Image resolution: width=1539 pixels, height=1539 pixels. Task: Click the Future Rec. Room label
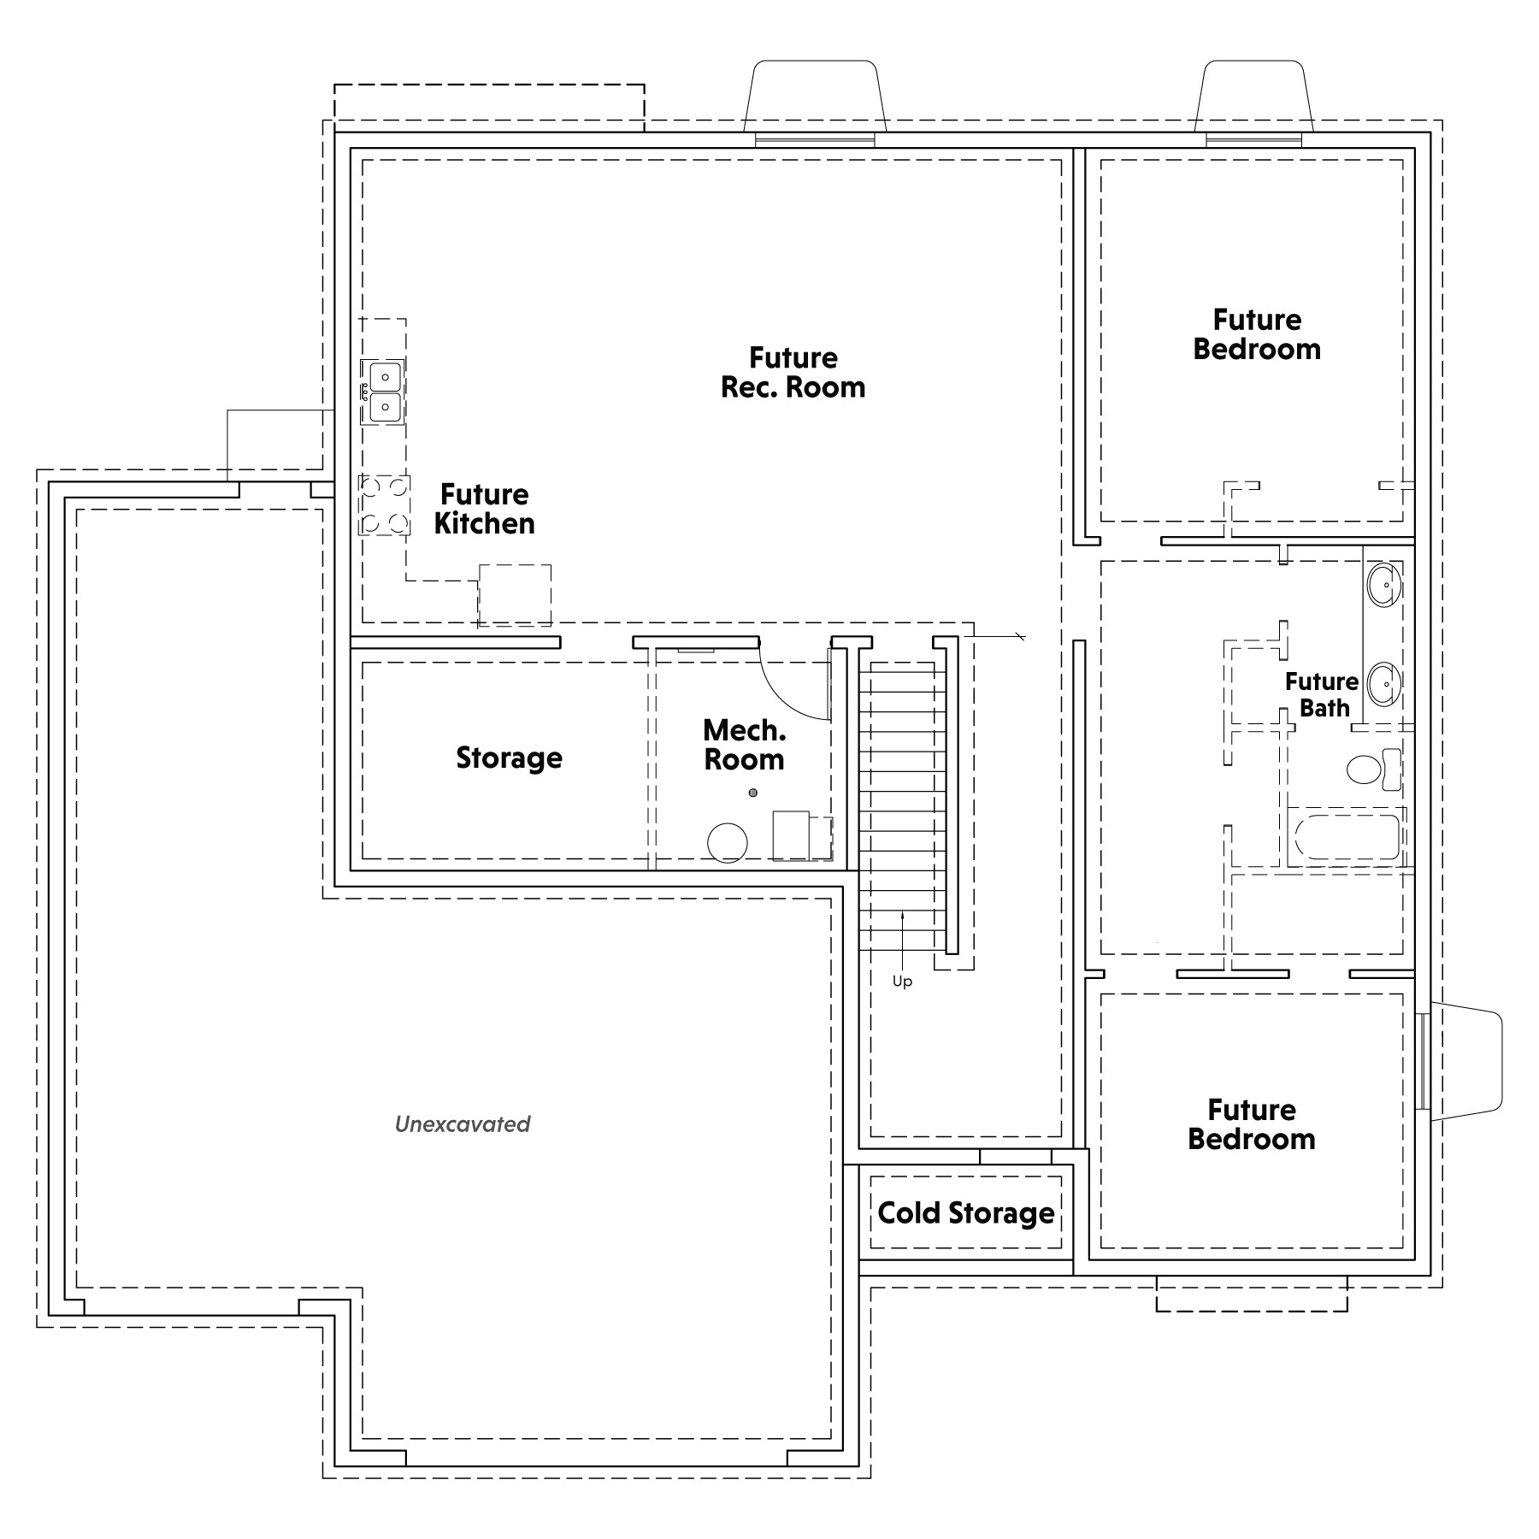[x=793, y=373]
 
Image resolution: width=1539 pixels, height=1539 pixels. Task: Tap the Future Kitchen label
[x=485, y=509]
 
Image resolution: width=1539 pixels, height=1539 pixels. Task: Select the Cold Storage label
[x=966, y=1213]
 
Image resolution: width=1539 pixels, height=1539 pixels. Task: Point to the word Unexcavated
[x=463, y=1124]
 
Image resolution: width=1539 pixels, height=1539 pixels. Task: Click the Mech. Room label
[x=744, y=745]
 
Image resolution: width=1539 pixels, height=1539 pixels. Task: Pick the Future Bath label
[x=1322, y=695]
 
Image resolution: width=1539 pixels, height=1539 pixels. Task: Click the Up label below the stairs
[x=902, y=982]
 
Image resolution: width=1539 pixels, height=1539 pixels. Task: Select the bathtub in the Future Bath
[x=1347, y=837]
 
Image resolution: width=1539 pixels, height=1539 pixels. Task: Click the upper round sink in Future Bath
[x=1383, y=586]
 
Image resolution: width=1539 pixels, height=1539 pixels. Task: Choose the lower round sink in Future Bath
[x=1383, y=684]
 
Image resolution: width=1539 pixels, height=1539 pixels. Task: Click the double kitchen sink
[x=383, y=392]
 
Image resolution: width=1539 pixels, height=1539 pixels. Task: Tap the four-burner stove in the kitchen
[x=384, y=505]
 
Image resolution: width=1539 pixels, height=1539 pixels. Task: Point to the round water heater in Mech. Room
[x=728, y=843]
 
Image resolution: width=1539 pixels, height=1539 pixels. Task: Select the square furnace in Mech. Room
[x=791, y=835]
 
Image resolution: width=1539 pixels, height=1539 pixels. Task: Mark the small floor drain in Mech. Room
[x=752, y=793]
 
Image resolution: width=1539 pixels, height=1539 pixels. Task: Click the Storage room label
[x=509, y=758]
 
